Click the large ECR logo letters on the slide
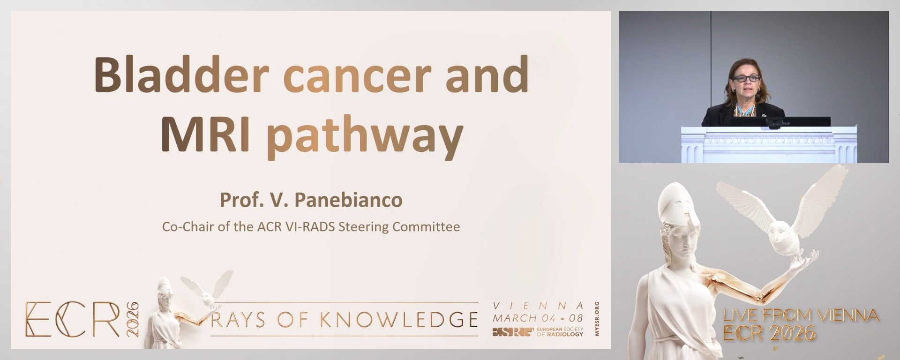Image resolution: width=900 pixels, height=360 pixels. pyautogui.click(x=73, y=319)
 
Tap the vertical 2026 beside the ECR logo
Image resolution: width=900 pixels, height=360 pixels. pyautogui.click(x=133, y=319)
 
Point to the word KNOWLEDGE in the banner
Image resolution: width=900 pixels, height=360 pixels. pyautogui.click(x=399, y=320)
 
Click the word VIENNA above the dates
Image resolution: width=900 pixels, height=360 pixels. pyautogui.click(x=538, y=306)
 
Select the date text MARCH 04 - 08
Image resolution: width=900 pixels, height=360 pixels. pyautogui.click(x=538, y=318)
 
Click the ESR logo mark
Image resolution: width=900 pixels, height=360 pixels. pyautogui.click(x=513, y=332)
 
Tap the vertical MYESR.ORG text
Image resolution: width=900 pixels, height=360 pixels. pyautogui.click(x=597, y=319)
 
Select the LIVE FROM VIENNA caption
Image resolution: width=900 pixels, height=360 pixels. pyautogui.click(x=801, y=315)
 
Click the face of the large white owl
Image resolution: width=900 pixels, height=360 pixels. pyautogui.click(x=780, y=241)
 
